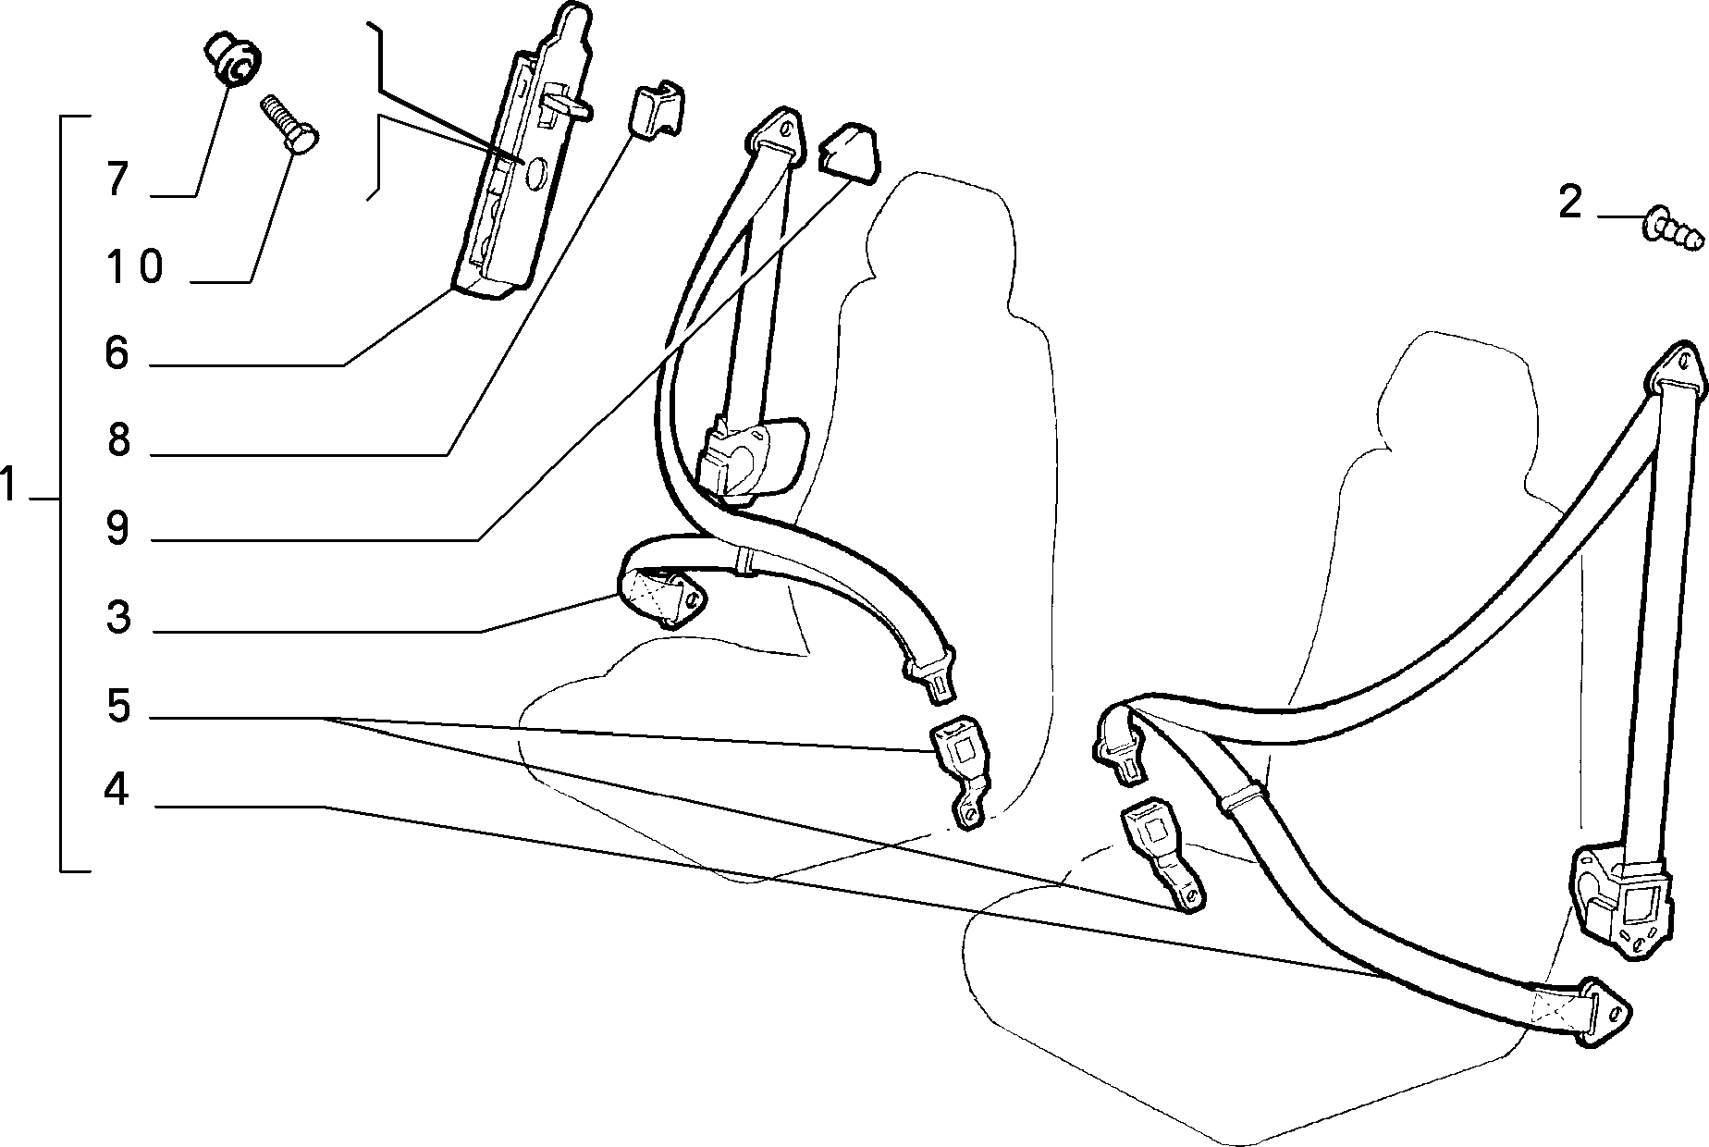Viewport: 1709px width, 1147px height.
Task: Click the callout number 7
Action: coord(117,179)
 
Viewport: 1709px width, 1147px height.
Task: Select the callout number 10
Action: coord(134,267)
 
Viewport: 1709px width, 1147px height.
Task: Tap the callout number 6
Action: coord(117,353)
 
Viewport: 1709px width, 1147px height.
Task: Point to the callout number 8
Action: coord(117,441)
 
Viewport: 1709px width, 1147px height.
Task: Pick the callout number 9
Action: coord(117,529)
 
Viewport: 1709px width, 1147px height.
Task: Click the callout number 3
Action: coord(117,618)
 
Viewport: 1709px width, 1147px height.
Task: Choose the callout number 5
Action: coord(118,707)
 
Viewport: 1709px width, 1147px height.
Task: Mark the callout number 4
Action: coord(117,790)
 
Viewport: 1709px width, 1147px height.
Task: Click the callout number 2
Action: coord(1570,203)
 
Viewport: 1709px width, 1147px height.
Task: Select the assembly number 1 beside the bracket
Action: coord(9,485)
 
